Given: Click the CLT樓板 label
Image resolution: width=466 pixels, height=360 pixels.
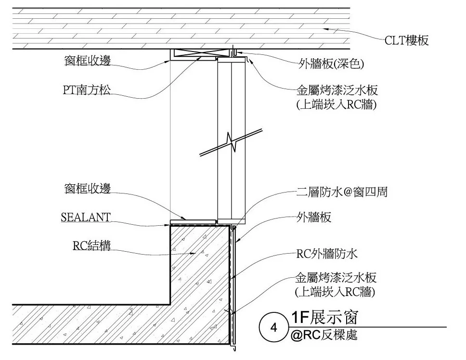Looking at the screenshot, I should coord(406,40).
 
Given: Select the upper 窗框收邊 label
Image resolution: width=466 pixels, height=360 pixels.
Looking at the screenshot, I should coord(88,61).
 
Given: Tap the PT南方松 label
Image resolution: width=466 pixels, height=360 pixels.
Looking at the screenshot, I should coord(86,90).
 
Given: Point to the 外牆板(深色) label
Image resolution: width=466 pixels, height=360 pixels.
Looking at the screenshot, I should coord(330,63).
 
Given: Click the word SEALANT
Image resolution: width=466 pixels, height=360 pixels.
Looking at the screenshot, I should coord(85,217).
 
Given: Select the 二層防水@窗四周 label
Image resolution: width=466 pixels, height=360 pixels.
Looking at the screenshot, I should coord(341,192).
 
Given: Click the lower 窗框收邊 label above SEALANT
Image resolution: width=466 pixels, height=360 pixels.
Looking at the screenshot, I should coord(87,188).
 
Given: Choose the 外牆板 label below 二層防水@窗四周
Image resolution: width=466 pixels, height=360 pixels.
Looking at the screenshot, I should coord(313,218).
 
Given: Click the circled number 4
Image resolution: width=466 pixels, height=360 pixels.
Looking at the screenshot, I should coord(274,328).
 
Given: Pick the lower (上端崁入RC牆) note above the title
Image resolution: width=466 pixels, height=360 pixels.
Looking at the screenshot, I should coord(336,291).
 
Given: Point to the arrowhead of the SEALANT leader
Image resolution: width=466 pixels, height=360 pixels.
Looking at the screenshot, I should coord(170,224).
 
